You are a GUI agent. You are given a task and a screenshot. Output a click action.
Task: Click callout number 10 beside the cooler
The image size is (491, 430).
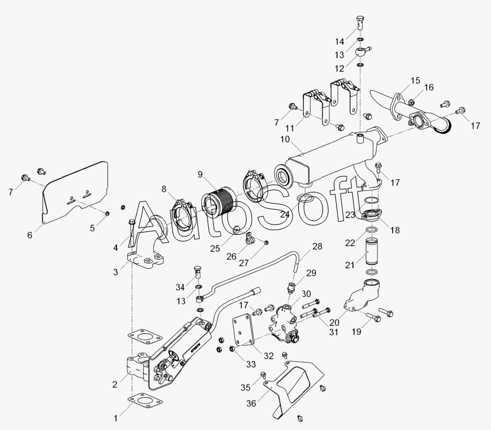pos(285,139)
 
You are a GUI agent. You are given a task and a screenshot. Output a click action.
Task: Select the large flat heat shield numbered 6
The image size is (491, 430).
pos(74,192)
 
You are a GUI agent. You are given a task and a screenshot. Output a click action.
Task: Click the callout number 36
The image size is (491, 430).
pos(251,403)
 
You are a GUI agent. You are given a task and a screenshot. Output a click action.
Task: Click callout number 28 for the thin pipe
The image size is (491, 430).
pos(317,246)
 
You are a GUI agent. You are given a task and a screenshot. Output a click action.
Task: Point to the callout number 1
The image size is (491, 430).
pos(115,419)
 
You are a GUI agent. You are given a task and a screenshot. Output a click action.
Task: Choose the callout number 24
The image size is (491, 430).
pos(285,215)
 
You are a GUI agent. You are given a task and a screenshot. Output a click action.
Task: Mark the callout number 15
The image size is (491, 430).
pos(415,80)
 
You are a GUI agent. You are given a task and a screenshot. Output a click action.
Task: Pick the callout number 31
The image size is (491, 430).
pos(334,332)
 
